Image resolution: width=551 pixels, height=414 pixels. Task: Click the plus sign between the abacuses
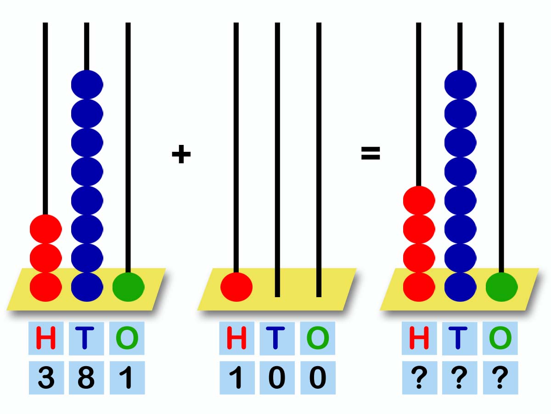(x=181, y=154)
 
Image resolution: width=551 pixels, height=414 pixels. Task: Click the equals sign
(x=371, y=153)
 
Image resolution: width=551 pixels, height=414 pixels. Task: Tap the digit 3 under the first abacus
(x=46, y=378)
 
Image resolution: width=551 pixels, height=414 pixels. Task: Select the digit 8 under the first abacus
(x=86, y=378)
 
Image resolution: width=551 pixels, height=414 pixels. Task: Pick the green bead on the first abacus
(x=128, y=287)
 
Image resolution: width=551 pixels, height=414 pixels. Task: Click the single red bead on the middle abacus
(x=236, y=287)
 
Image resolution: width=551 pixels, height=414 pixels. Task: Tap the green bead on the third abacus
(x=501, y=287)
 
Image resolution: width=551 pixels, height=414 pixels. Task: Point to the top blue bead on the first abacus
(x=87, y=85)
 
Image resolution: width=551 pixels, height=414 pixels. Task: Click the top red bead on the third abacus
(x=419, y=201)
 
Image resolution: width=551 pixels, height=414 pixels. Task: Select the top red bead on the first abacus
(x=45, y=229)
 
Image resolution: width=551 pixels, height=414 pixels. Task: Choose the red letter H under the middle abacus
(x=236, y=338)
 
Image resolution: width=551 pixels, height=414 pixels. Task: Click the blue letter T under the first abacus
(x=84, y=338)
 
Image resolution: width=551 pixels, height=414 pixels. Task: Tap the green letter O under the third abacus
(x=500, y=338)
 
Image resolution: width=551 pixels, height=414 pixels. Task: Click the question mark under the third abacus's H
(x=419, y=378)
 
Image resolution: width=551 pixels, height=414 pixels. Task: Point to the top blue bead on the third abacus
(x=461, y=85)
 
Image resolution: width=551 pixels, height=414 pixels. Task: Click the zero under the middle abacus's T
(x=277, y=378)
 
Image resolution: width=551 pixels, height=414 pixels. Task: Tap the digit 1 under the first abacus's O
(x=127, y=378)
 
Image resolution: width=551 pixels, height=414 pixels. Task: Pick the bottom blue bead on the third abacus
(x=461, y=287)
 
